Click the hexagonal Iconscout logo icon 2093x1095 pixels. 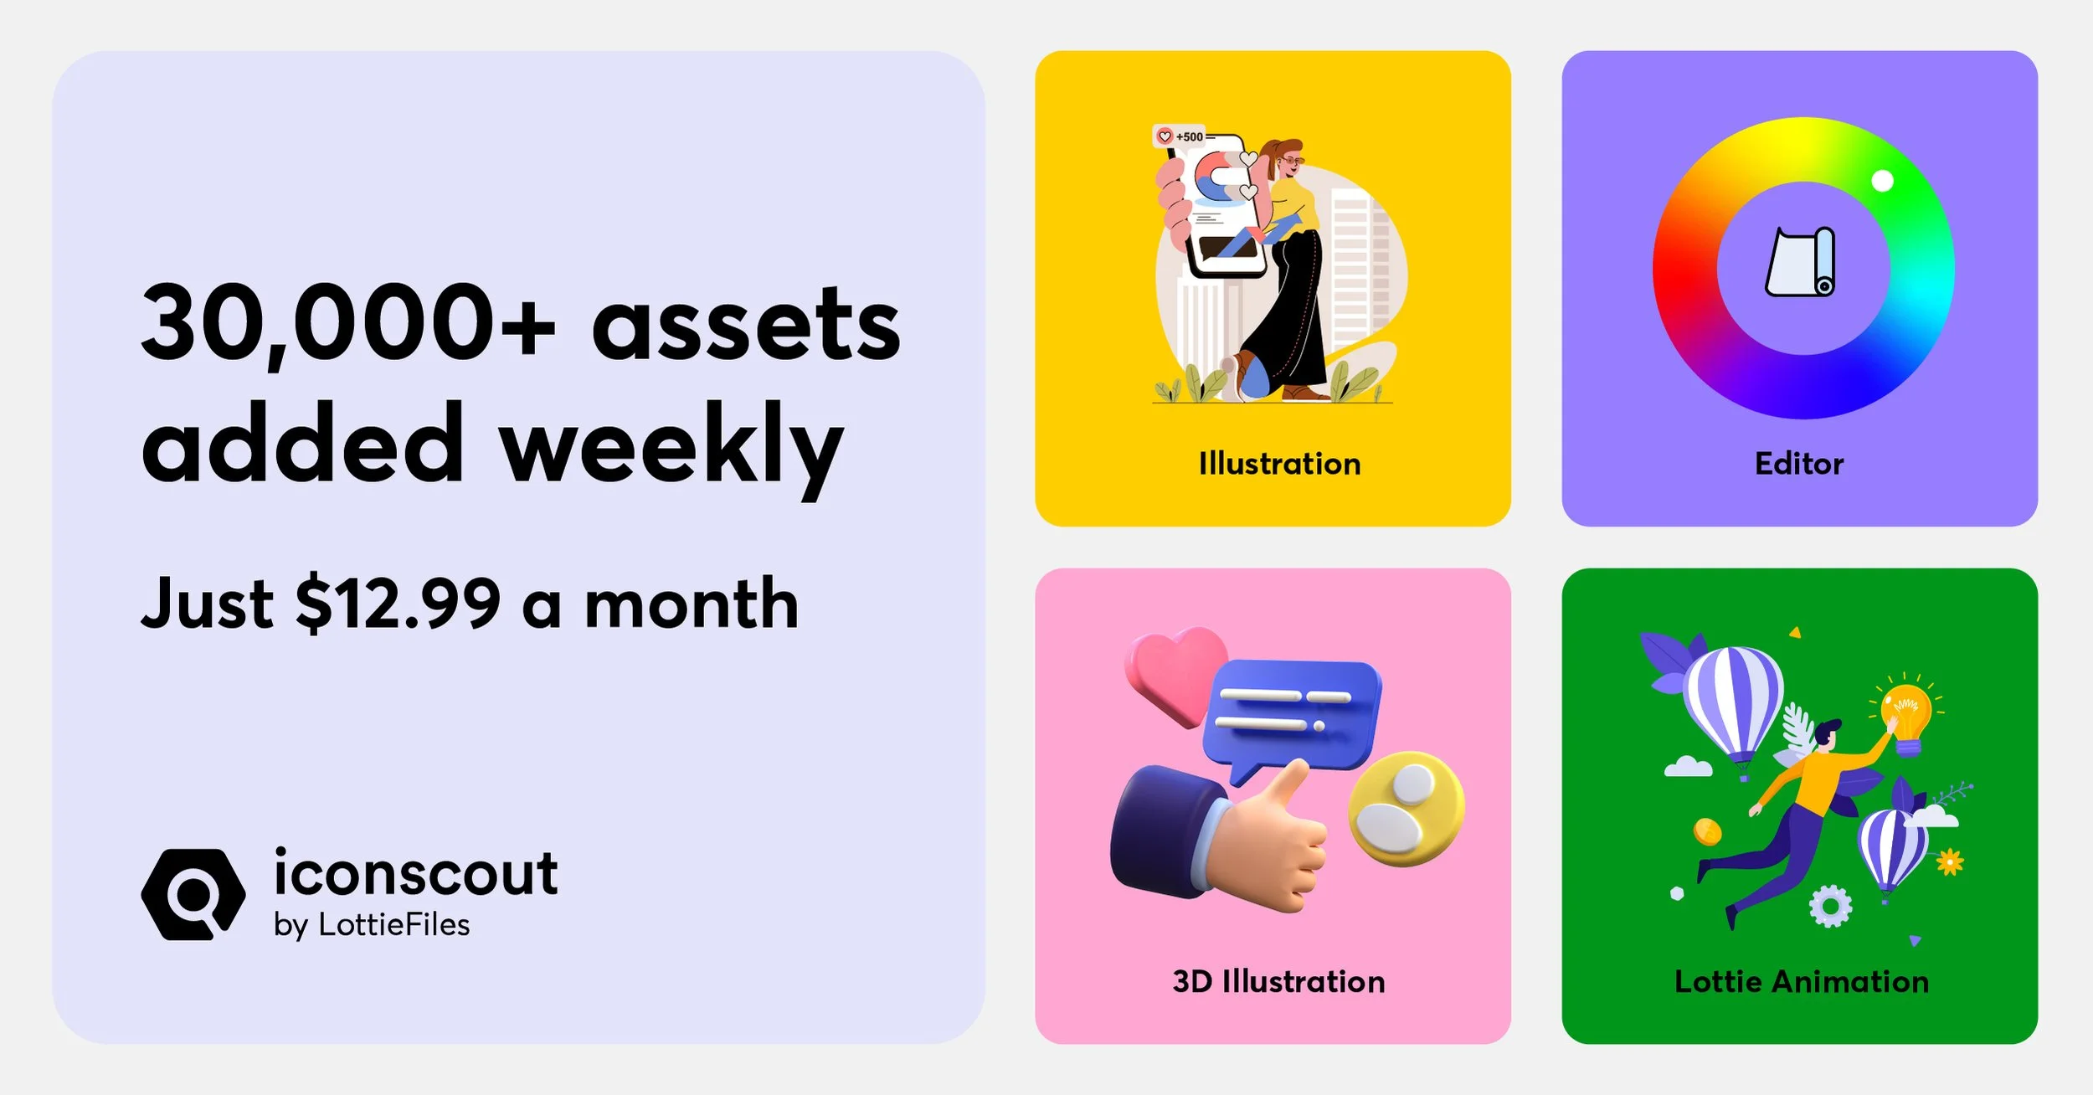click(x=193, y=894)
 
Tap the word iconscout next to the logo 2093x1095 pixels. click(x=415, y=873)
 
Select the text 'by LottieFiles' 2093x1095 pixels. click(x=372, y=925)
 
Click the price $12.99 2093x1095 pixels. click(x=398, y=604)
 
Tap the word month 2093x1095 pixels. click(x=692, y=604)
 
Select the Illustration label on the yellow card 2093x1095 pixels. click(x=1279, y=464)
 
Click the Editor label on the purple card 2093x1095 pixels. click(x=1799, y=464)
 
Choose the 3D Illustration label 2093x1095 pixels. click(x=1278, y=981)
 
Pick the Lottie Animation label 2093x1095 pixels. click(x=1801, y=981)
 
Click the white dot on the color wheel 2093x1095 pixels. click(x=1882, y=181)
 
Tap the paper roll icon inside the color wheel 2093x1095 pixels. click(x=1801, y=262)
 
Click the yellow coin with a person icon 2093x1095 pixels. click(x=1406, y=808)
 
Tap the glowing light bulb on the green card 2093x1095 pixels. click(x=1905, y=712)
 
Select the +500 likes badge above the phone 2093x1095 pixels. click(x=1180, y=136)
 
